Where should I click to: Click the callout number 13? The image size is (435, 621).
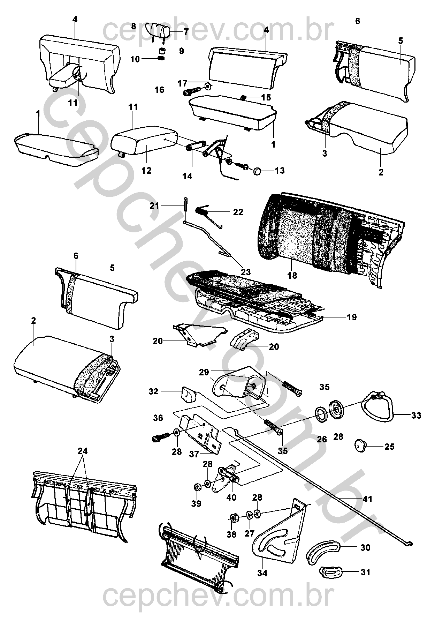point(280,171)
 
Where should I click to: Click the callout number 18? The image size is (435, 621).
point(292,275)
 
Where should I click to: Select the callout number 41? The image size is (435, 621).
point(367,499)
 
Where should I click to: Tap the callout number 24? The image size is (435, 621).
point(83,451)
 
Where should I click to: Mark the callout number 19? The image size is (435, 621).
point(352,317)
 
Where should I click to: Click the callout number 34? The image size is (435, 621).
point(262,573)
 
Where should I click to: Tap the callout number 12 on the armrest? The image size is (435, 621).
point(146,171)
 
